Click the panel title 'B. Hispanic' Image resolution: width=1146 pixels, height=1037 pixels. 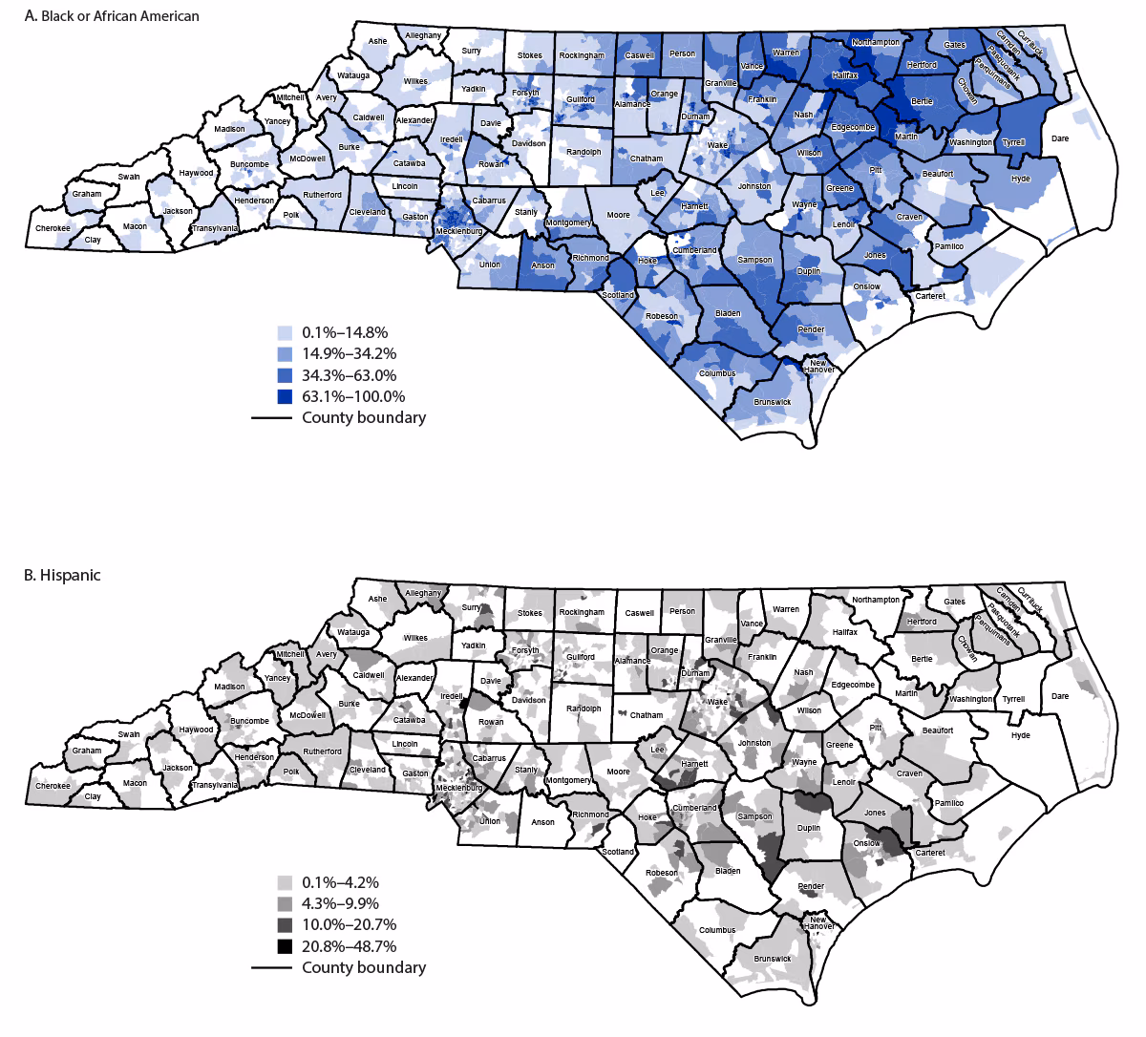[63, 575]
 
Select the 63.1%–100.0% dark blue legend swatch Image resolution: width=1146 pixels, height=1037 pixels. [285, 396]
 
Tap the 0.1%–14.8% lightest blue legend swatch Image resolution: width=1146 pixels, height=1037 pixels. [285, 333]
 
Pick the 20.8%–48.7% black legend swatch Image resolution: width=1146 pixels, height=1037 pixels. [285, 946]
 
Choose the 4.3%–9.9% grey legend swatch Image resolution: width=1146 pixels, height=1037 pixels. [285, 903]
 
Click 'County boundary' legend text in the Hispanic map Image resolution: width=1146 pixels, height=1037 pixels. [363, 967]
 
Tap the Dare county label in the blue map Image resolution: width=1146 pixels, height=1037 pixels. [1060, 138]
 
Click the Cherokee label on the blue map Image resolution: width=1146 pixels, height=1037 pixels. [53, 228]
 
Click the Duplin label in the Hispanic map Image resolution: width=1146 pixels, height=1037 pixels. [808, 830]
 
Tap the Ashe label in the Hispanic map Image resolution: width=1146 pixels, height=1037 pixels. [377, 599]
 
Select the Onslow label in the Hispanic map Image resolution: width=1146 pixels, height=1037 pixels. [866, 843]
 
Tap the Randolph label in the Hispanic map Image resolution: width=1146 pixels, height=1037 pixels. [584, 709]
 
